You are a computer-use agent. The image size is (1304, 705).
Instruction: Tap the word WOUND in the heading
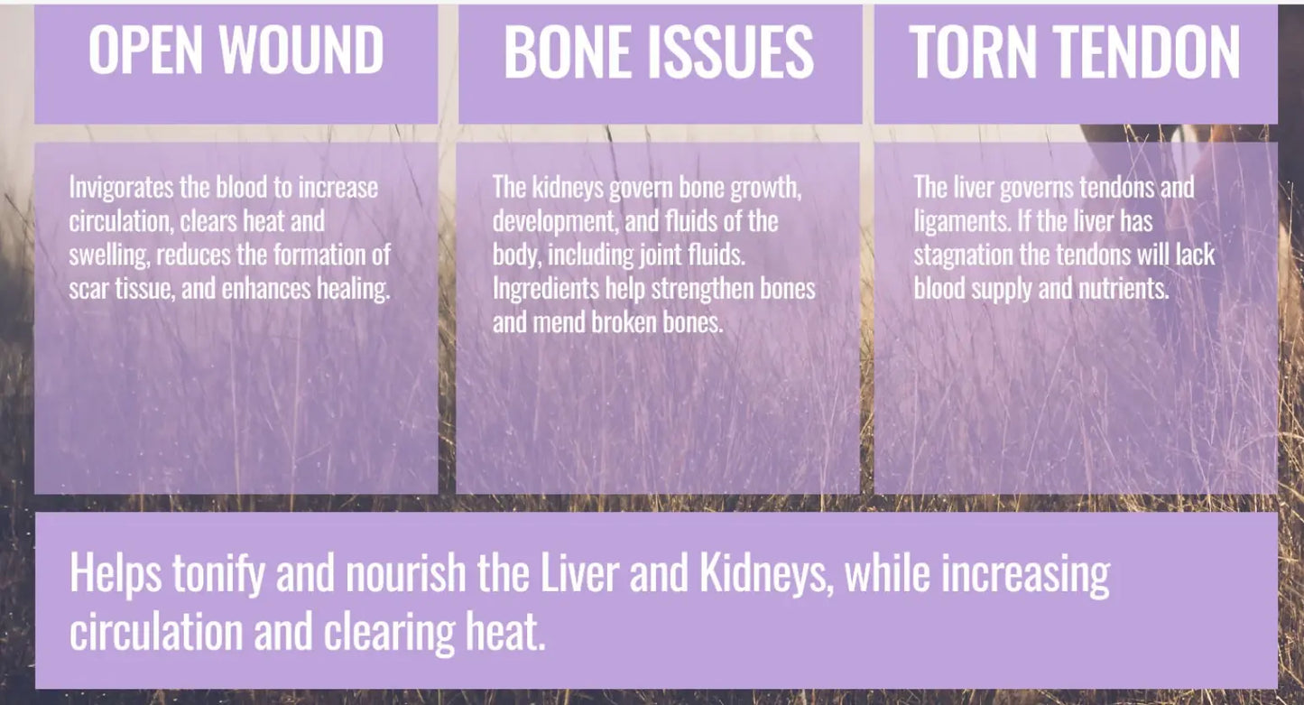[303, 51]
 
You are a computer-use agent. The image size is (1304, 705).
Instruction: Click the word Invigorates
[116, 189]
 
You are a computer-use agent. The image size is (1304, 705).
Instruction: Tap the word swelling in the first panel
[109, 255]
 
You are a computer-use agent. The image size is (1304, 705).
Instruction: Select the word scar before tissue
[88, 289]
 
